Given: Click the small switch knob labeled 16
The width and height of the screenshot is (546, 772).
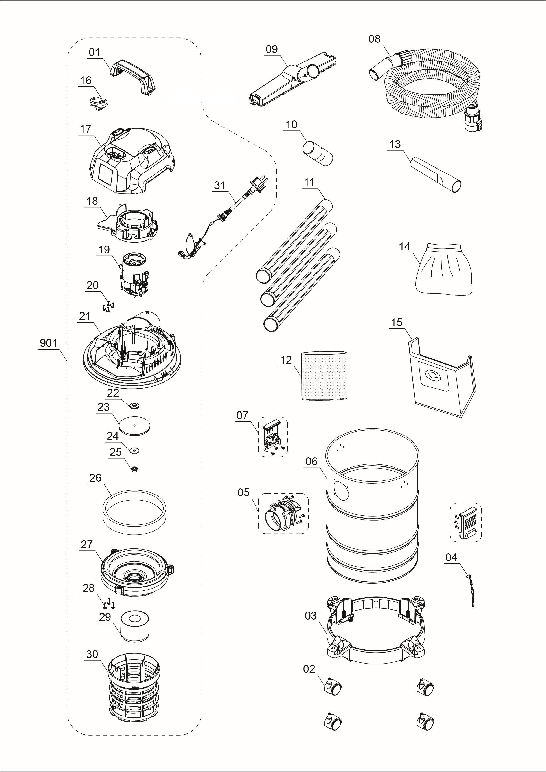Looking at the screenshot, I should click(98, 102).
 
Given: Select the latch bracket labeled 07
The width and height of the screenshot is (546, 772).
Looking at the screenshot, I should click(272, 436).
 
